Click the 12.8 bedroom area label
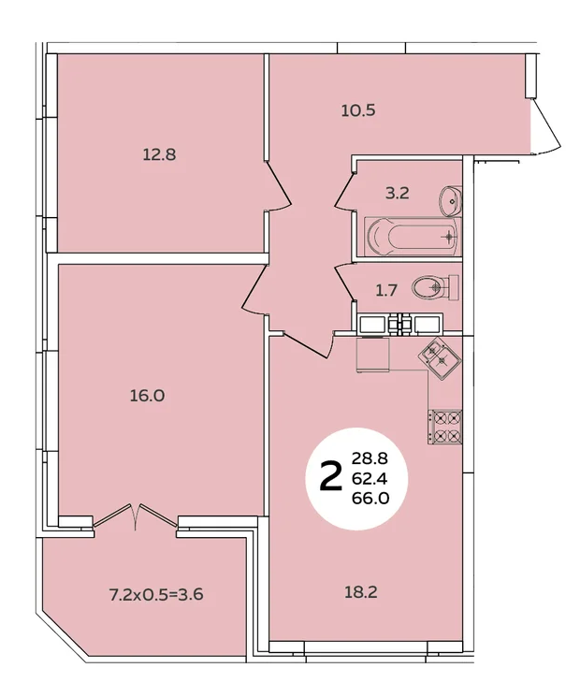click(x=159, y=154)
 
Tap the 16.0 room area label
click(x=147, y=395)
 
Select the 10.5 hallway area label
click(x=358, y=109)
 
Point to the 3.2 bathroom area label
click(x=397, y=194)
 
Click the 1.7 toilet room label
click(x=386, y=291)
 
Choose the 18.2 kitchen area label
click(x=360, y=592)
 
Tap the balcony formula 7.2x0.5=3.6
click(x=156, y=594)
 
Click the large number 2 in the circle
click(x=331, y=476)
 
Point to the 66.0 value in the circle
click(x=370, y=500)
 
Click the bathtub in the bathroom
click(x=414, y=237)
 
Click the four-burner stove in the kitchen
click(x=445, y=427)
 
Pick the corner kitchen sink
click(x=440, y=357)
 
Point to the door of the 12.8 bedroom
click(x=278, y=186)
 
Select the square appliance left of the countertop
click(x=372, y=355)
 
